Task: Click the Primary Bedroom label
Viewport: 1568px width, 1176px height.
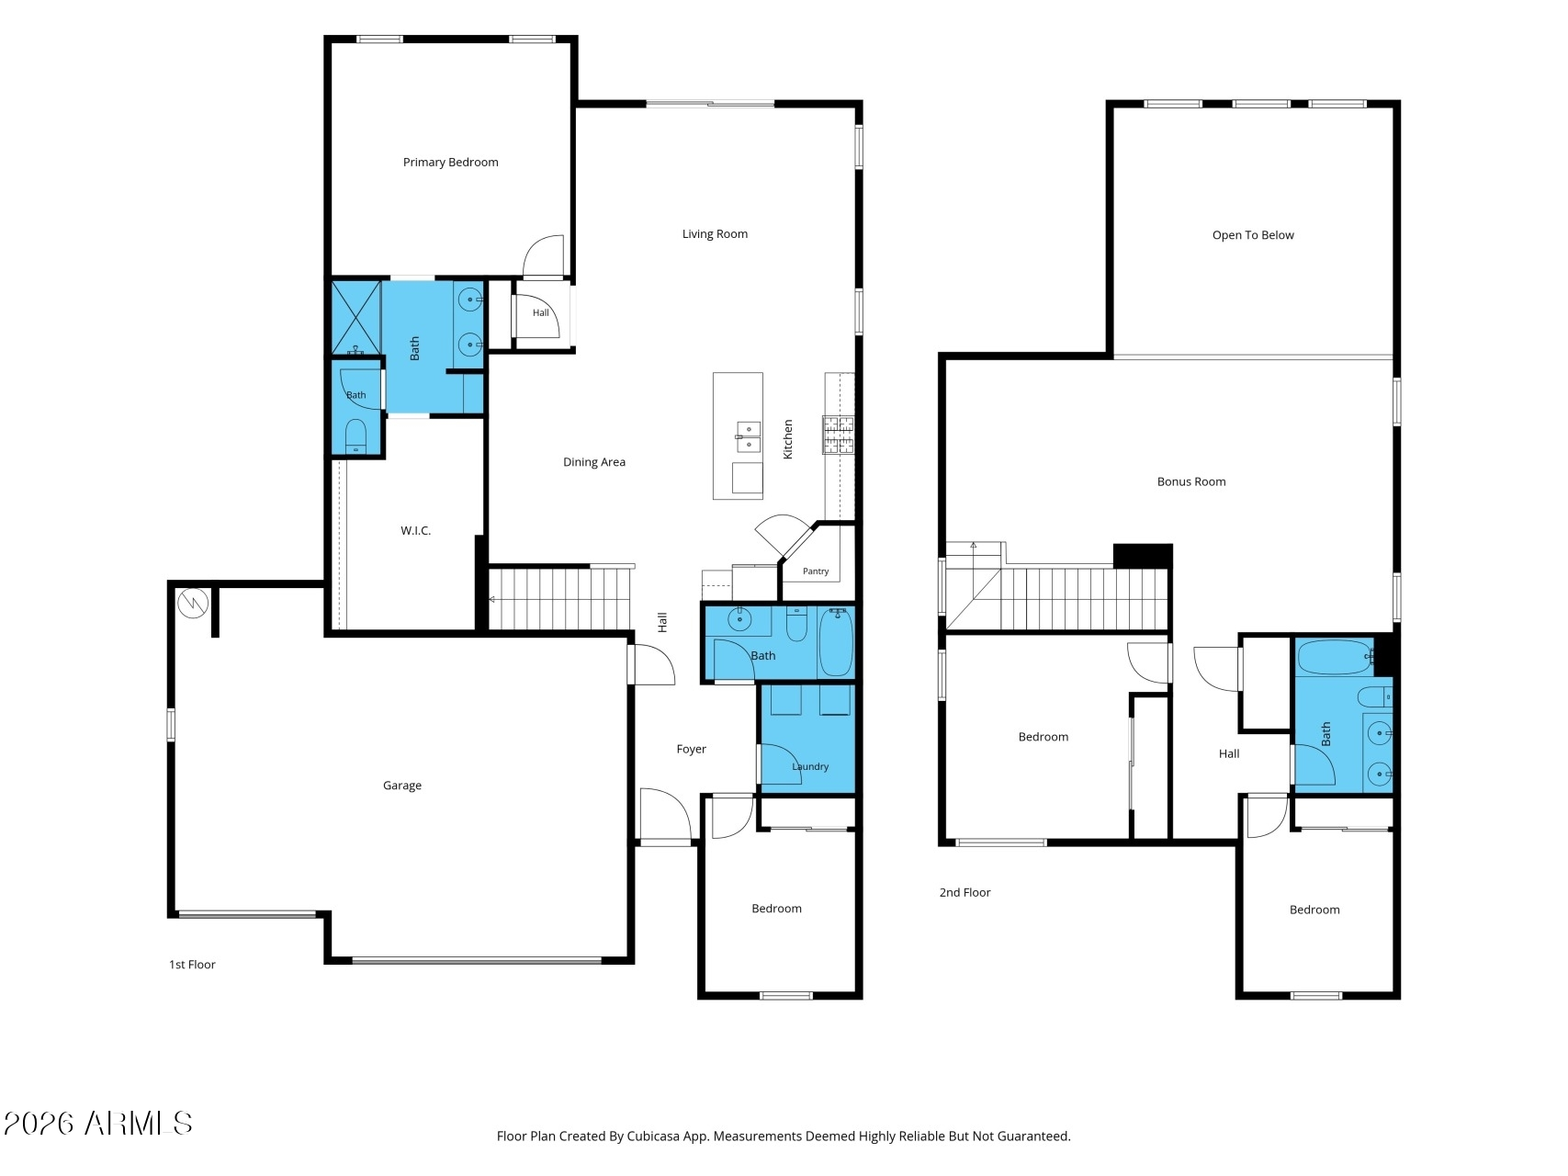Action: click(x=450, y=163)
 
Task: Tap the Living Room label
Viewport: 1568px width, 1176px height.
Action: click(x=715, y=234)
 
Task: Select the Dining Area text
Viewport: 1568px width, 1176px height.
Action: click(x=594, y=462)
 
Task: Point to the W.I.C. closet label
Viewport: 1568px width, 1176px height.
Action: click(x=415, y=530)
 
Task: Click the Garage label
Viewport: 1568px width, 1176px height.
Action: click(x=402, y=786)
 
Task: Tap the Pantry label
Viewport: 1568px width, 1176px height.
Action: click(x=816, y=571)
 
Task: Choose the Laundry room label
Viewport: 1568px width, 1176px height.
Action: click(x=810, y=766)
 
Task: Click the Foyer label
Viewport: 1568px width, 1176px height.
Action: click(x=692, y=750)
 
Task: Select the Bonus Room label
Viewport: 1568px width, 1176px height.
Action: click(x=1191, y=481)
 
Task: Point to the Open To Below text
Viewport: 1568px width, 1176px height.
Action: click(x=1253, y=235)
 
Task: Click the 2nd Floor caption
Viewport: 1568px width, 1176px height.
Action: click(x=964, y=892)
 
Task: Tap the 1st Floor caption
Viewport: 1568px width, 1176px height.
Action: click(x=192, y=965)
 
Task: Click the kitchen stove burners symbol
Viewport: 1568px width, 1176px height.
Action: click(x=838, y=435)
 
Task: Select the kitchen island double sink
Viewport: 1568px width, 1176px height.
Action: click(x=748, y=437)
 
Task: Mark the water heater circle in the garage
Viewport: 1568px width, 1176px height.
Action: click(x=194, y=603)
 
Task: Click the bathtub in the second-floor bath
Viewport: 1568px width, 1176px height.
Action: click(x=1335, y=657)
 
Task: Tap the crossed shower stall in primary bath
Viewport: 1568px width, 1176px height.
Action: click(x=355, y=318)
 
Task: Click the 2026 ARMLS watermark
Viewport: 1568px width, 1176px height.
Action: click(x=97, y=1124)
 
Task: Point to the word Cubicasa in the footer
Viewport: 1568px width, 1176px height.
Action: click(x=652, y=1136)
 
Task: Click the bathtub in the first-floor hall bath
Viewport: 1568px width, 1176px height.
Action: click(x=836, y=642)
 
